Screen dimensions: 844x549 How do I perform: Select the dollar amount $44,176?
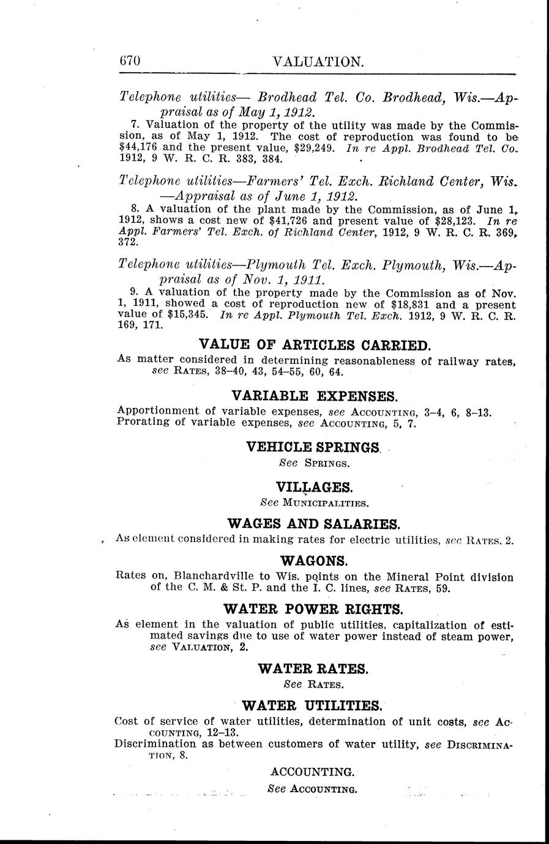[139, 148]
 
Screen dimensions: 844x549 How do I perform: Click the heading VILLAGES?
[315, 487]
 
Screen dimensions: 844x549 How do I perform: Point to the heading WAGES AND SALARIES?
[314, 524]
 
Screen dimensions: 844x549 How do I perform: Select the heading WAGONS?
[314, 560]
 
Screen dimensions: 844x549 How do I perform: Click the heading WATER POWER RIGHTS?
[314, 609]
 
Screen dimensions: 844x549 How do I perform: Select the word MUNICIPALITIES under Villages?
[325, 503]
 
